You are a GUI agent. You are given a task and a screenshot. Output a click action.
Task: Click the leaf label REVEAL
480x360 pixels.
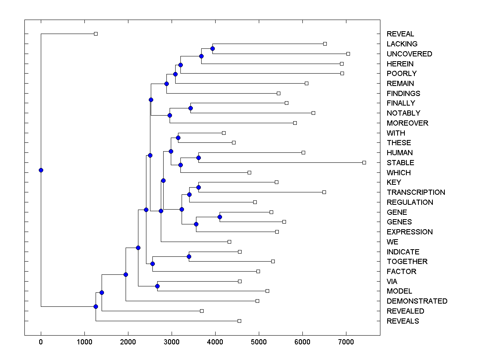click(400, 34)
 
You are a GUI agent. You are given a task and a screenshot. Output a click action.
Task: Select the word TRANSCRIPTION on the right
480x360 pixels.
click(416, 192)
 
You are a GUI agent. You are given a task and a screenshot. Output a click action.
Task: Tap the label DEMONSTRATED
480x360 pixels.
click(417, 301)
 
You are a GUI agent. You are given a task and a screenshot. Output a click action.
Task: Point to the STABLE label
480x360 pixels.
click(400, 163)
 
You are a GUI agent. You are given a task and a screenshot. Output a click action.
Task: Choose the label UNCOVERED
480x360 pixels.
click(409, 54)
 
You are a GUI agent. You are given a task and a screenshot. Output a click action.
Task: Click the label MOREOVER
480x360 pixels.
click(407, 123)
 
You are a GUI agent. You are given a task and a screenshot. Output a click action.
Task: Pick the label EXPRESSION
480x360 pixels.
click(410, 232)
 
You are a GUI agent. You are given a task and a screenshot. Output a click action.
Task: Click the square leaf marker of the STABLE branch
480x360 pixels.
click(364, 162)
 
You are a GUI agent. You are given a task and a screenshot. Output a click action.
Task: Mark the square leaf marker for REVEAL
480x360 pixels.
click(96, 34)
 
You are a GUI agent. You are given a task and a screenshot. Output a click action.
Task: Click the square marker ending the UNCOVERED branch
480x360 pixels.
click(348, 54)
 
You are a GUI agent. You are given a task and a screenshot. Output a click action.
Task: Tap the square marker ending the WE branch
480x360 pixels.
click(229, 242)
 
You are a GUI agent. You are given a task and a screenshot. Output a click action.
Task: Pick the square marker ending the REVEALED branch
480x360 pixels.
click(202, 311)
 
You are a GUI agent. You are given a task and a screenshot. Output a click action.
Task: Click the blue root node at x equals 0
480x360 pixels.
click(41, 170)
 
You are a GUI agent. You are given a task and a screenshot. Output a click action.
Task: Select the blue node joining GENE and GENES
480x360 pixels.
click(220, 217)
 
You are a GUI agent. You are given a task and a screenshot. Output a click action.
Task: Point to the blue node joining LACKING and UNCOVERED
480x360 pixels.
click(213, 48)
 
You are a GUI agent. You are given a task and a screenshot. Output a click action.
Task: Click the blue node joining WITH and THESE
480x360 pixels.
click(178, 138)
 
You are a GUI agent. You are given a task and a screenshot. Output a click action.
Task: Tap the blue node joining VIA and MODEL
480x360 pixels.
click(157, 286)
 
